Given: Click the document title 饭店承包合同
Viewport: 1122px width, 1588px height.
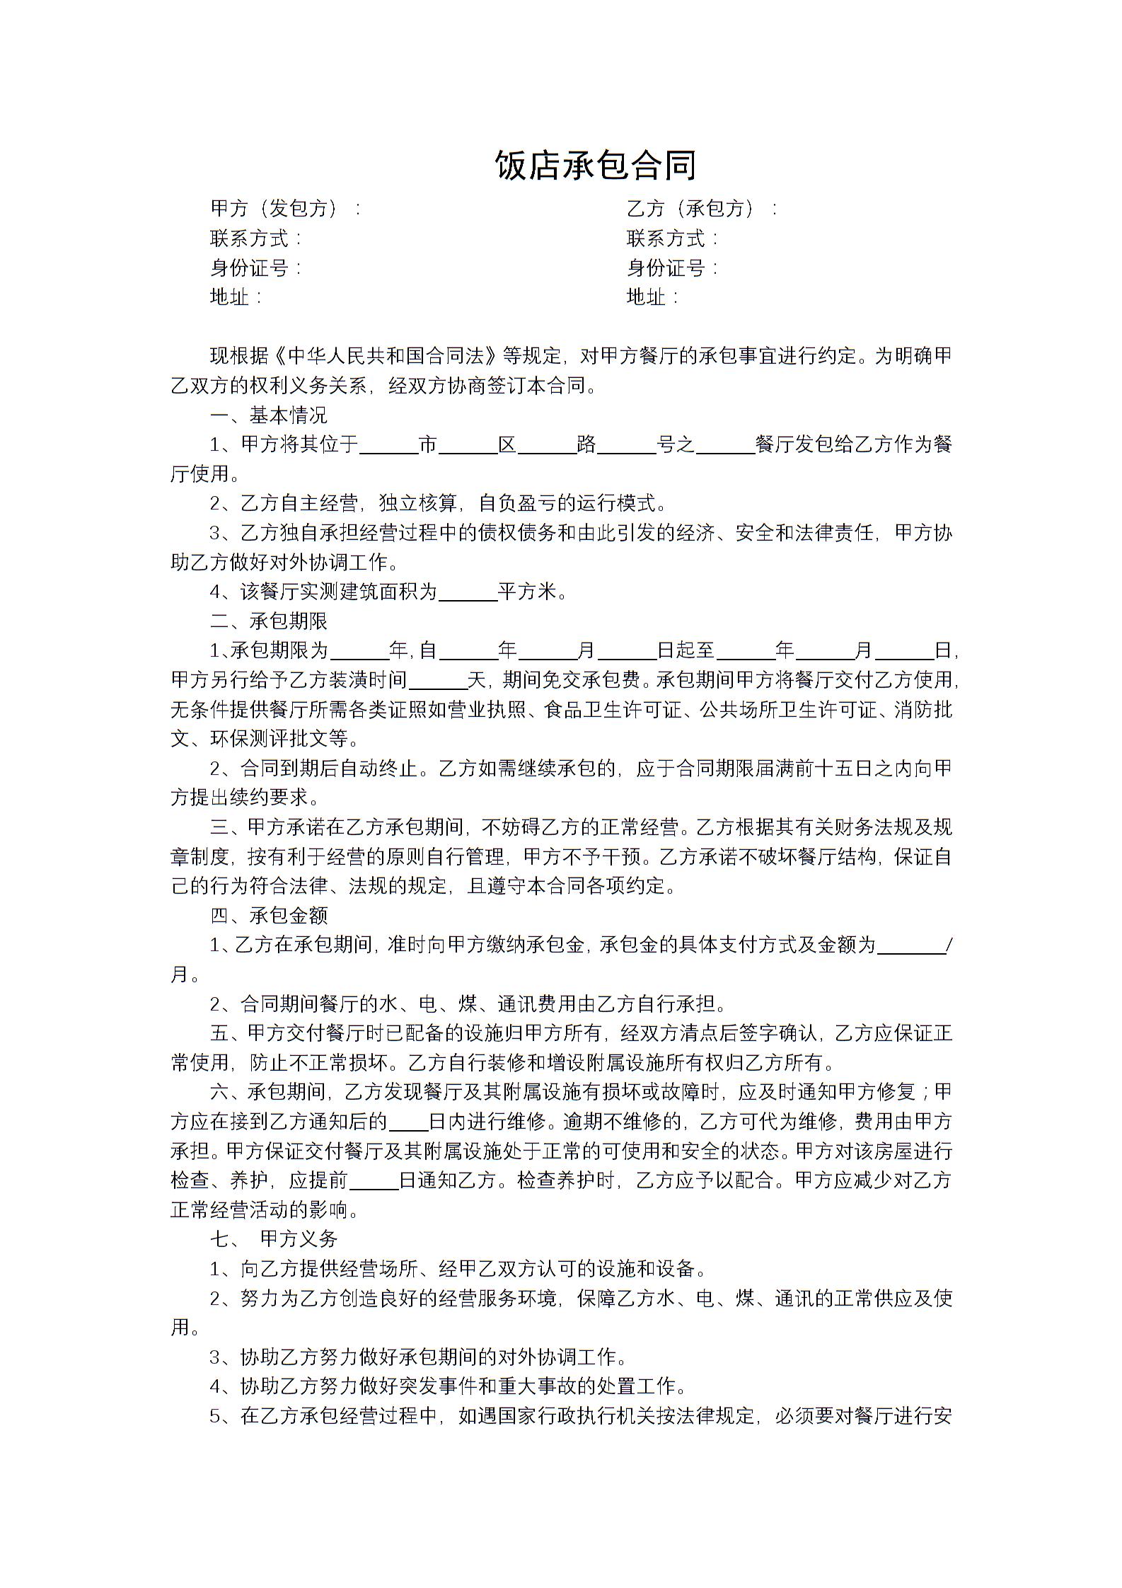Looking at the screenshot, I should tap(596, 166).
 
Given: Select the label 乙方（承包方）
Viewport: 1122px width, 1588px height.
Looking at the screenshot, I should tap(694, 208).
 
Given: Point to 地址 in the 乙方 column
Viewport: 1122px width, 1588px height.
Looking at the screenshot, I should tap(646, 297).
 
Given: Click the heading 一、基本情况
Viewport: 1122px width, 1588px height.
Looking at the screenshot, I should tap(269, 415).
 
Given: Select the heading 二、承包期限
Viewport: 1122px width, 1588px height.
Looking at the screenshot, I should tap(269, 621).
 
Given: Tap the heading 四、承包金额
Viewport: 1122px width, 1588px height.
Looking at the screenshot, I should tap(269, 916).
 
